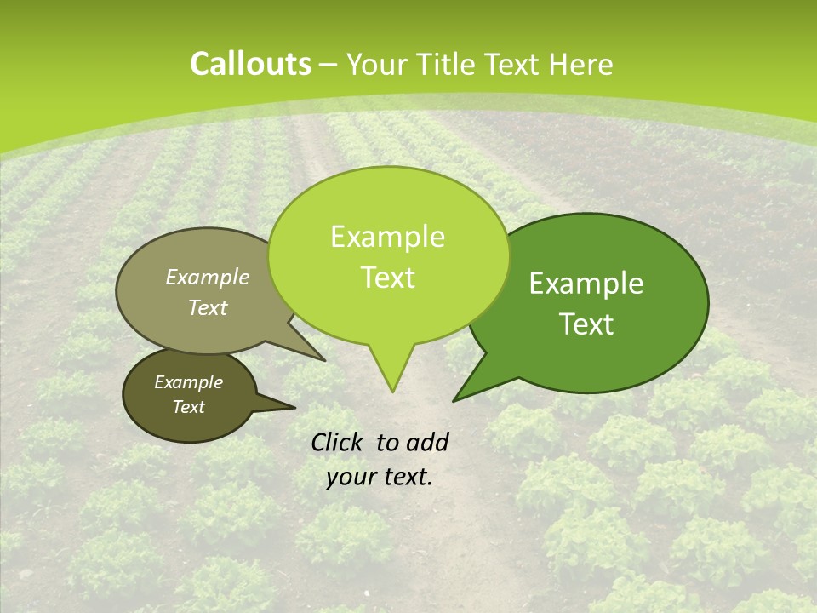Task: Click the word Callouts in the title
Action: (x=250, y=65)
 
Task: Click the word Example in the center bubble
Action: (x=387, y=237)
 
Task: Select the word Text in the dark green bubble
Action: (x=586, y=324)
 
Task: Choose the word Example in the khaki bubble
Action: (x=208, y=277)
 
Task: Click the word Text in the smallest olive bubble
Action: (x=189, y=407)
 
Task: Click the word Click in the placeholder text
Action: (x=339, y=442)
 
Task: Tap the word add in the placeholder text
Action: (x=427, y=442)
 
